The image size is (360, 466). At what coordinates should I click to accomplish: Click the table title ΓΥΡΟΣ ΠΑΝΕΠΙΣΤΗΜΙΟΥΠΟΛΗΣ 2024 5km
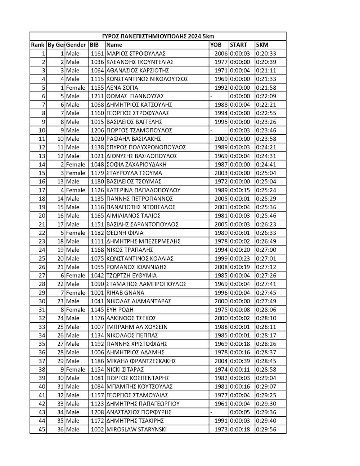click(158, 36)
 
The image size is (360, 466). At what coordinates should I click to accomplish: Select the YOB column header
click(216, 45)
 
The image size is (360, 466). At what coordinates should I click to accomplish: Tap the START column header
click(238, 45)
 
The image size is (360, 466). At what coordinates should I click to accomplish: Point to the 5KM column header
click(262, 45)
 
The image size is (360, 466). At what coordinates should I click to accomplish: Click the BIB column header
click(94, 45)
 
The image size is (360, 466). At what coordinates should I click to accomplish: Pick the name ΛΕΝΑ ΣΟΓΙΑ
click(122, 88)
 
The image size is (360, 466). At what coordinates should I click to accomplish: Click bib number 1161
click(97, 54)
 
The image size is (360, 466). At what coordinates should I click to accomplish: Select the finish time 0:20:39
click(266, 62)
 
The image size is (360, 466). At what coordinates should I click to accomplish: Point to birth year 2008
click(221, 267)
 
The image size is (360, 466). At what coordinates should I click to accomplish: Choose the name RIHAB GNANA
click(125, 293)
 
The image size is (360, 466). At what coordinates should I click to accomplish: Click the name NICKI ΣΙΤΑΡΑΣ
click(125, 369)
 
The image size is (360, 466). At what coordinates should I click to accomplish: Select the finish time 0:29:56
click(266, 429)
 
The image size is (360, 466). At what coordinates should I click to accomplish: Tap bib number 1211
click(97, 96)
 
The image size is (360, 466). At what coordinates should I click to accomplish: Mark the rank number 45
click(42, 429)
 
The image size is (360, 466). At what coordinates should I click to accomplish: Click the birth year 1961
click(221, 404)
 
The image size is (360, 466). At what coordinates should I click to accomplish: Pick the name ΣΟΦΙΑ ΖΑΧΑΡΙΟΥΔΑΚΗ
click(136, 165)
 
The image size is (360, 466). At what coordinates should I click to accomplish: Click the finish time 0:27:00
click(266, 250)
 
